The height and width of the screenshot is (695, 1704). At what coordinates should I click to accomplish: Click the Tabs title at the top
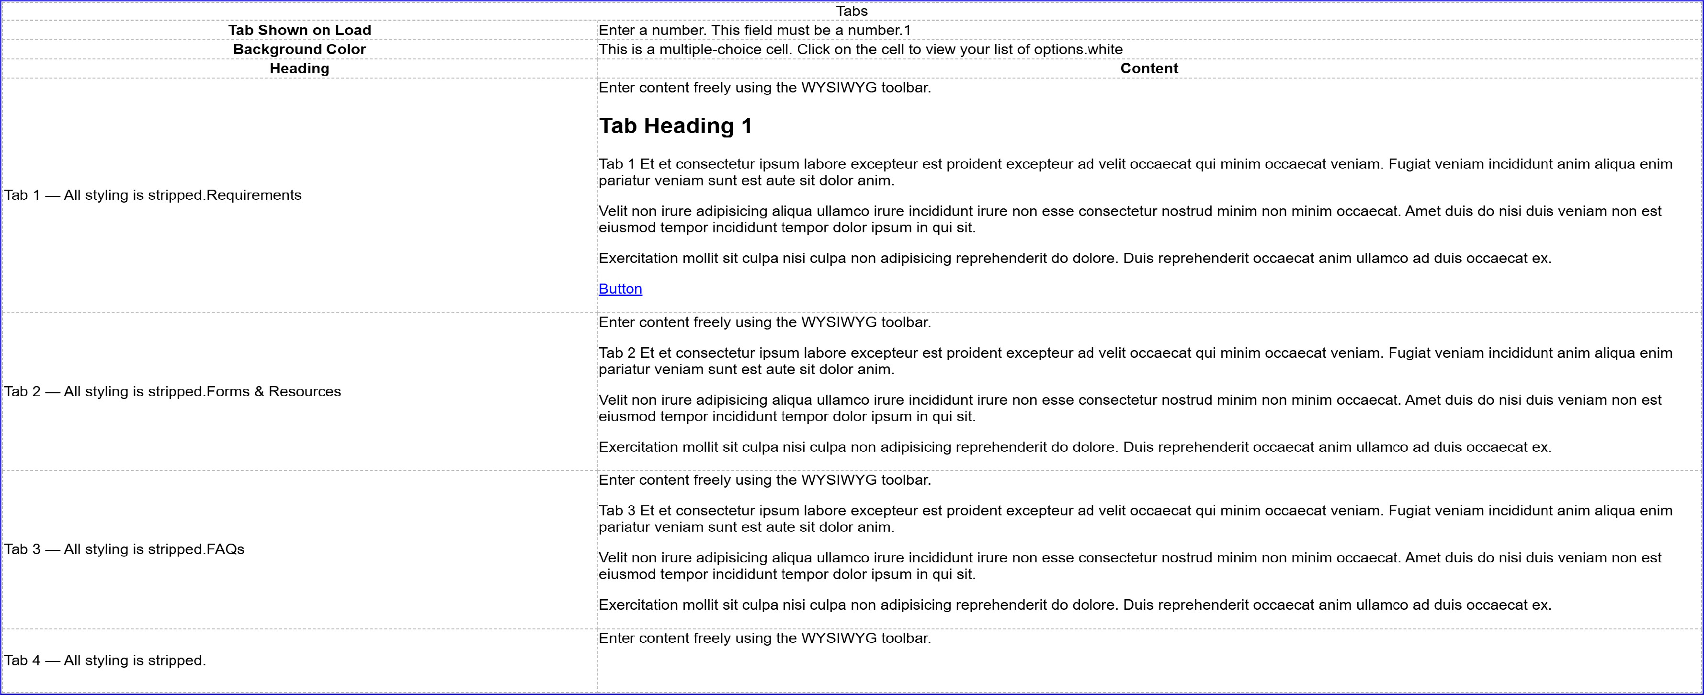pos(852,11)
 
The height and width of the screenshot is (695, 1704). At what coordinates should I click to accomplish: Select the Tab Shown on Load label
pos(300,31)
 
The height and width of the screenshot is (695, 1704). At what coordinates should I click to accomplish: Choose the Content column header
pos(1149,69)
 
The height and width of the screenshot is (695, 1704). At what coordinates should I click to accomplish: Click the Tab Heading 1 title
pos(675,126)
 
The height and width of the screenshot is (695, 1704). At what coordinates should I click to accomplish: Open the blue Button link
pos(620,289)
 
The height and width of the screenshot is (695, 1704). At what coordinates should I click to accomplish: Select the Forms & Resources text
pos(274,391)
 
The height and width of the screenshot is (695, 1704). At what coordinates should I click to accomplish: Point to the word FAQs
pos(226,549)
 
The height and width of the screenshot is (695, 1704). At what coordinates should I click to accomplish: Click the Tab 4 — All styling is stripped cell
pos(105,661)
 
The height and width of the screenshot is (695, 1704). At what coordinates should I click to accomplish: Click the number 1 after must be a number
pos(907,31)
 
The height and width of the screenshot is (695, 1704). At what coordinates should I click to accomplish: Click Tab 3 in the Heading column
pos(23,549)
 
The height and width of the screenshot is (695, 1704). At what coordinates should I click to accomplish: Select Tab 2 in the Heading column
pos(23,391)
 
